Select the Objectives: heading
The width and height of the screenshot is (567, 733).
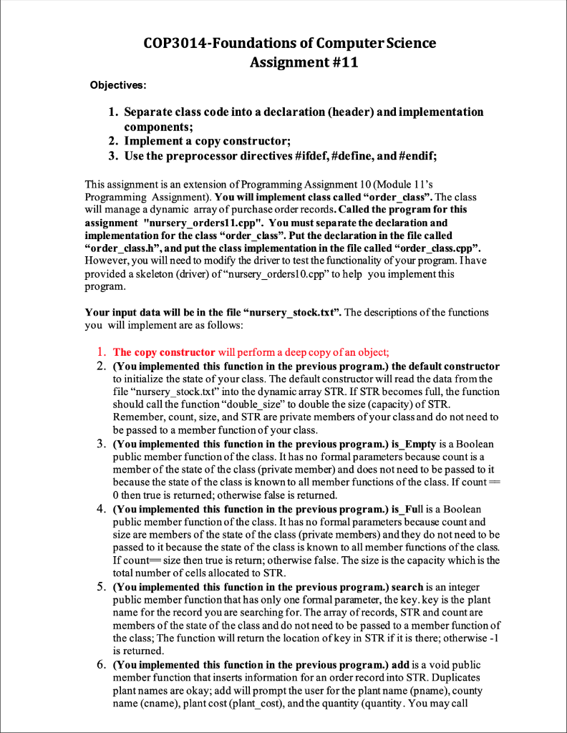[118, 86]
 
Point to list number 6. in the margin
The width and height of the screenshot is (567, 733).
[102, 665]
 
